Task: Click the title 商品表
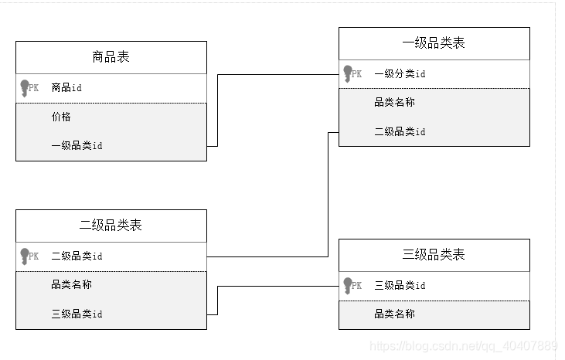[111, 57]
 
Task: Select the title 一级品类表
[434, 43]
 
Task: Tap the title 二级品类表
[111, 226]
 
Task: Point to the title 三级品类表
[434, 255]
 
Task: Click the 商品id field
[66, 88]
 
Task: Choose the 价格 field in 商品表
[62, 117]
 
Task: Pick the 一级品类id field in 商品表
[77, 145]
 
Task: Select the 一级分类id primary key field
[400, 74]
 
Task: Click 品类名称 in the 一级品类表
[394, 102]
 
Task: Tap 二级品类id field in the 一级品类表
[400, 131]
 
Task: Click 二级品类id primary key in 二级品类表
[77, 256]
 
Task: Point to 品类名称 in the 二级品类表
[71, 284]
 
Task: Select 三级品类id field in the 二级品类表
[77, 314]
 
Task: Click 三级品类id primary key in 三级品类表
[400, 286]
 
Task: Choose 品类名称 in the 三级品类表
[394, 314]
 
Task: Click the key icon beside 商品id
[25, 88]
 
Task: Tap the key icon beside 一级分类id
[348, 74]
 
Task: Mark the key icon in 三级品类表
[348, 286]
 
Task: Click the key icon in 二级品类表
[25, 256]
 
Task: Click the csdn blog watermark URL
[464, 345]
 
